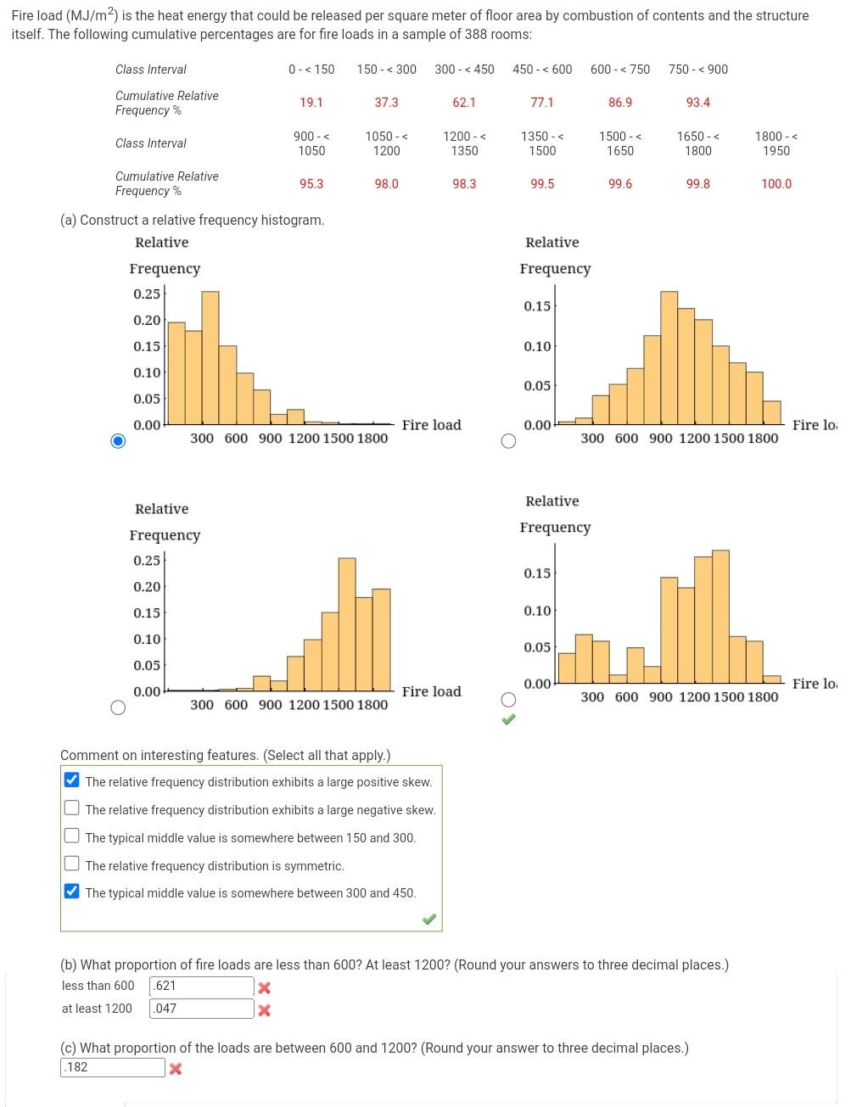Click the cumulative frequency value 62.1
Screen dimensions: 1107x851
464,103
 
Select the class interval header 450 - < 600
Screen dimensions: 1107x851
542,70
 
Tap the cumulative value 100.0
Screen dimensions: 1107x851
776,184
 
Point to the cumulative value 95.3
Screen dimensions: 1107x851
311,184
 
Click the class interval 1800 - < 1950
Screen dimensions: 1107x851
776,143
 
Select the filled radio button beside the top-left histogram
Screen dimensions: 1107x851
119,440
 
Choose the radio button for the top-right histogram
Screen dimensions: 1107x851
508,440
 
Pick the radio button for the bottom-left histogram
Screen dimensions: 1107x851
119,707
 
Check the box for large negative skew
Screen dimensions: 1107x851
72,808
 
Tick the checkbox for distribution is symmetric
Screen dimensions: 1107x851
72,864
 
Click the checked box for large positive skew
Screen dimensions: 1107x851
72,780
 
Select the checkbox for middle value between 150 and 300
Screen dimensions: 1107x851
72,836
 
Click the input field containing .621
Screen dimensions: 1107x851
201,987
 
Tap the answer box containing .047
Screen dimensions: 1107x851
201,1009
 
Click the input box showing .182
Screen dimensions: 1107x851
113,1068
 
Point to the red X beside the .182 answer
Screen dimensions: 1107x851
176,1069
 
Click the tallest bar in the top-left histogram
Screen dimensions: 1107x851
210,356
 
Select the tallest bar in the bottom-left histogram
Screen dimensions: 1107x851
347,623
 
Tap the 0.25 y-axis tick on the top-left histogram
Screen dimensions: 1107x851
147,294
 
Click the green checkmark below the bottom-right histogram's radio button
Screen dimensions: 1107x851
508,720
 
